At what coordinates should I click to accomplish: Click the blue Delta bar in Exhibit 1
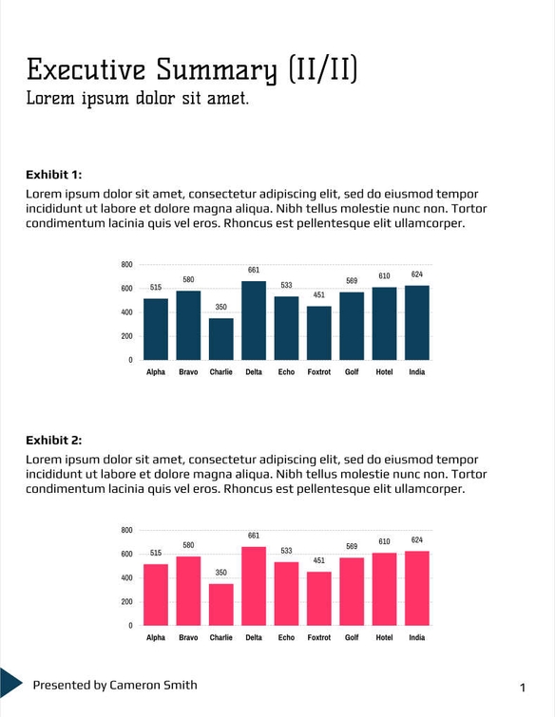(x=254, y=321)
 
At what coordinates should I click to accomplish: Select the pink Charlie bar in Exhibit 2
(x=221, y=604)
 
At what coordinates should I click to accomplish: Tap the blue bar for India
(x=417, y=323)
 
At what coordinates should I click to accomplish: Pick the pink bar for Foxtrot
(x=319, y=598)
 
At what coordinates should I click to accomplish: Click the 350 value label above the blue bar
(x=221, y=308)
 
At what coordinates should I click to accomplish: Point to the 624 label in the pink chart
(x=417, y=540)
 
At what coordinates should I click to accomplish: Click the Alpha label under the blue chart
(x=156, y=372)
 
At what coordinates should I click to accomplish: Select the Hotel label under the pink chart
(x=384, y=637)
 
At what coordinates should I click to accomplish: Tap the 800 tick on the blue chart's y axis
(x=126, y=264)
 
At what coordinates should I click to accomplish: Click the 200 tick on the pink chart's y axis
(x=126, y=601)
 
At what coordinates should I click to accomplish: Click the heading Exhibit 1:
(x=54, y=174)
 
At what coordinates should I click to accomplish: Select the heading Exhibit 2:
(x=54, y=440)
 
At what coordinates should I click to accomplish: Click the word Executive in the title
(x=85, y=69)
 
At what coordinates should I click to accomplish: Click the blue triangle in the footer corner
(x=9, y=680)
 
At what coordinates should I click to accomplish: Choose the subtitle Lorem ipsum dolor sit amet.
(x=137, y=98)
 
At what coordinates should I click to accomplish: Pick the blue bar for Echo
(x=286, y=328)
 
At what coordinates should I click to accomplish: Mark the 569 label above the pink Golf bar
(x=352, y=547)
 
